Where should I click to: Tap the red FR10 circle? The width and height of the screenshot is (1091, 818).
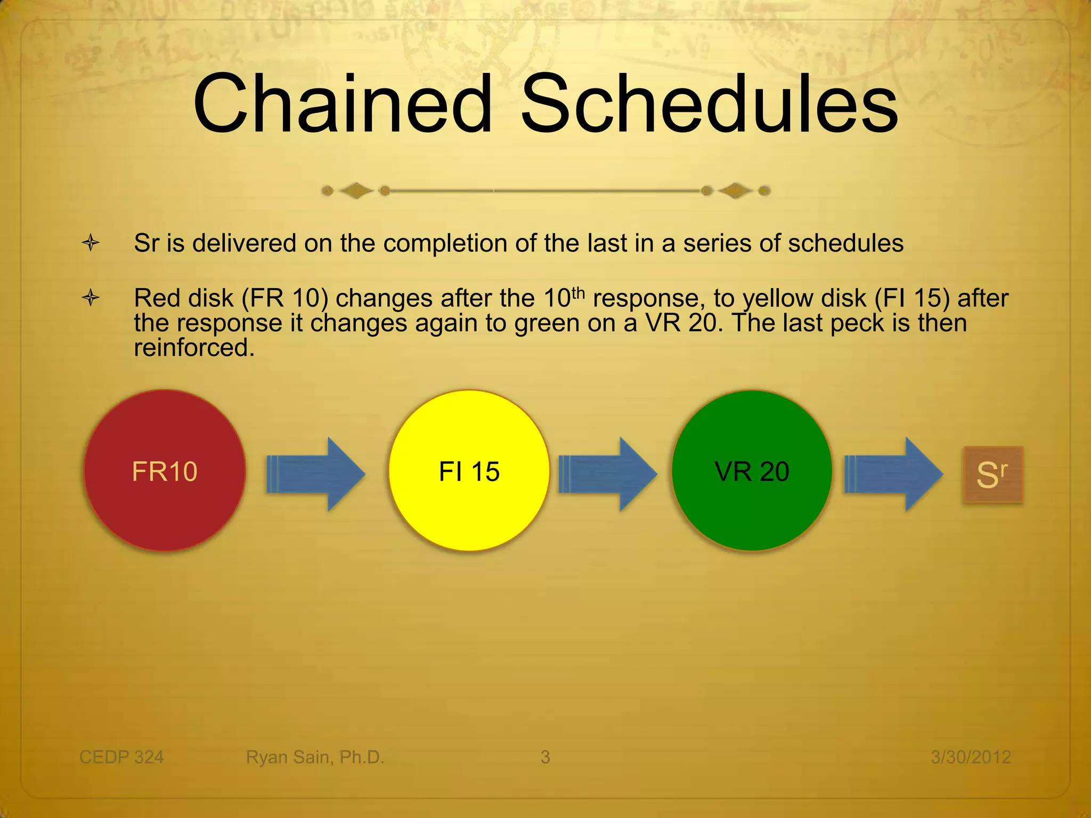[x=165, y=471]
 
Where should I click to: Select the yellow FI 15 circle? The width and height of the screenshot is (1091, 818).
[x=469, y=471]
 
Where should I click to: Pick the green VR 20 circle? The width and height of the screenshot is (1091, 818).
[x=752, y=471]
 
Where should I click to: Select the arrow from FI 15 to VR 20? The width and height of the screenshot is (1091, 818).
[x=608, y=474]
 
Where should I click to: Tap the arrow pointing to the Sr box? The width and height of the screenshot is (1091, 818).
[x=893, y=474]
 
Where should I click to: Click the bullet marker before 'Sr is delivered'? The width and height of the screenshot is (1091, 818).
[x=91, y=243]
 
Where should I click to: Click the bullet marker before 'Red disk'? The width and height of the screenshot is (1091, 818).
[x=91, y=298]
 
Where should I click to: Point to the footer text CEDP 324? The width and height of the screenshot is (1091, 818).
[x=121, y=757]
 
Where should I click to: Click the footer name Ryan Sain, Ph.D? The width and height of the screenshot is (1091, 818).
[x=315, y=757]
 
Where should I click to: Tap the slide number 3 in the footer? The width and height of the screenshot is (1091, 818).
[x=545, y=757]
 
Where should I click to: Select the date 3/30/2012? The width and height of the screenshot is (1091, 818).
[x=971, y=757]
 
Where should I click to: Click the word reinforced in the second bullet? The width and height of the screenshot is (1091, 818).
[x=194, y=348]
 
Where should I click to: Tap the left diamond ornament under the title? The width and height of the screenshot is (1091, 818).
[x=356, y=190]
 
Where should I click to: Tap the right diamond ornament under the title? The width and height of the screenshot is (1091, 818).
[x=735, y=190]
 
